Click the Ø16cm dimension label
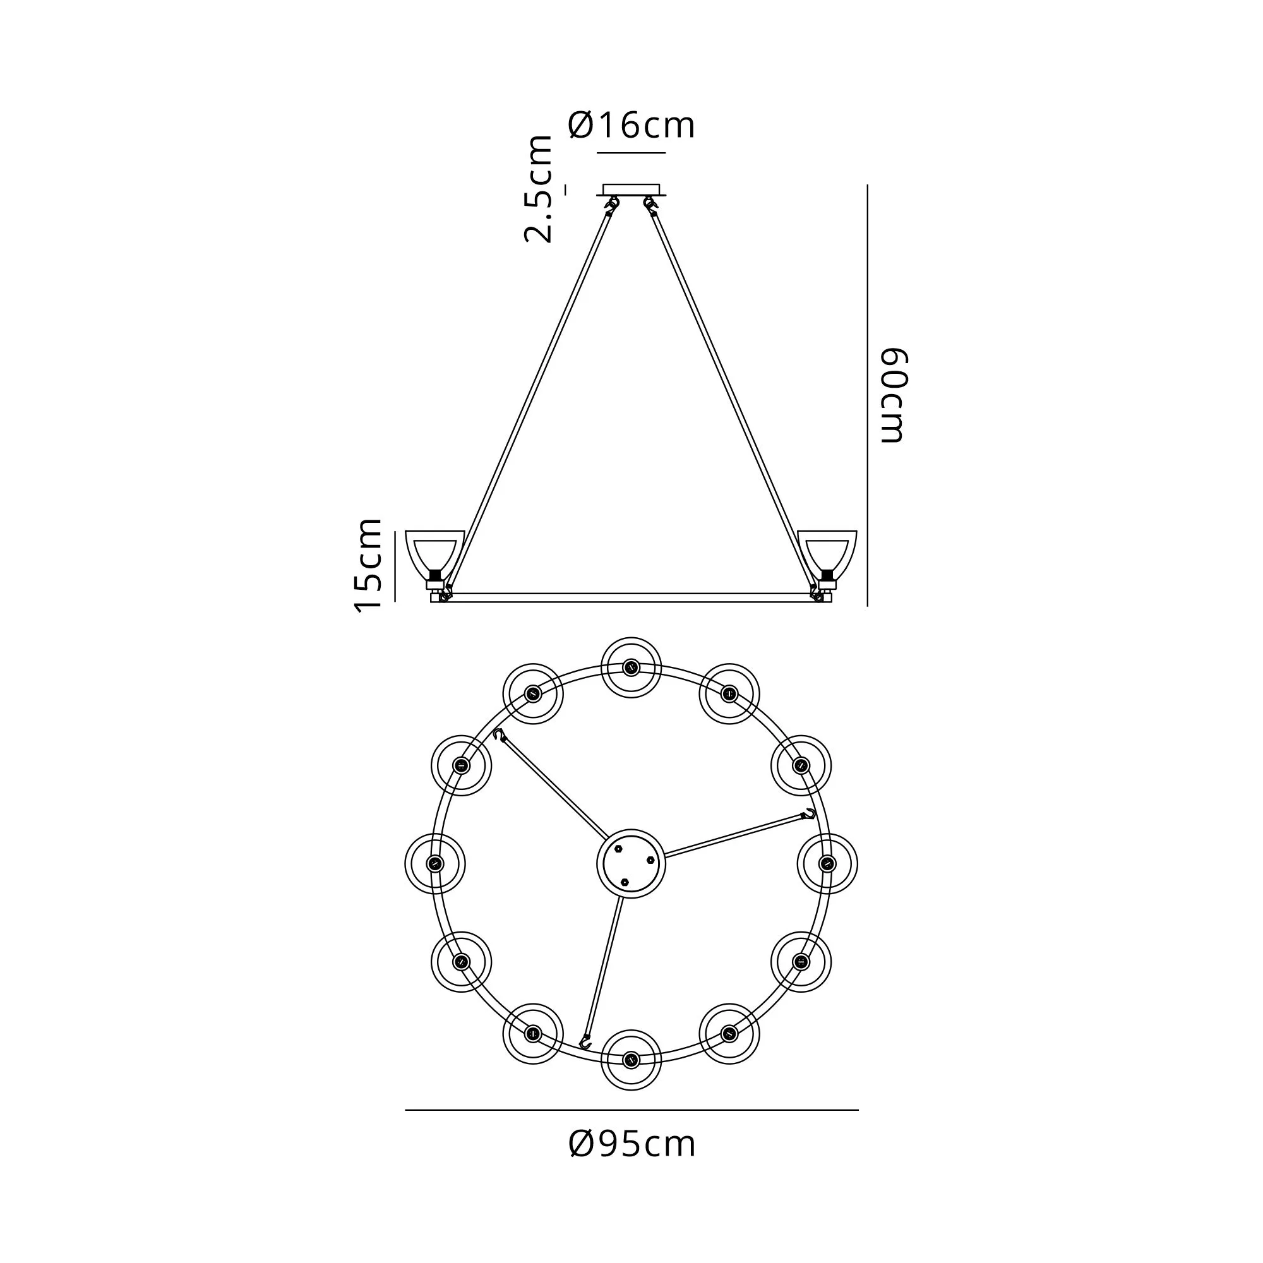(x=631, y=125)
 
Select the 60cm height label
(x=894, y=395)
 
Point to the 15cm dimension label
(x=368, y=565)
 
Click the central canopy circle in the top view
(x=631, y=863)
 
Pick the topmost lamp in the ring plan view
(x=631, y=667)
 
